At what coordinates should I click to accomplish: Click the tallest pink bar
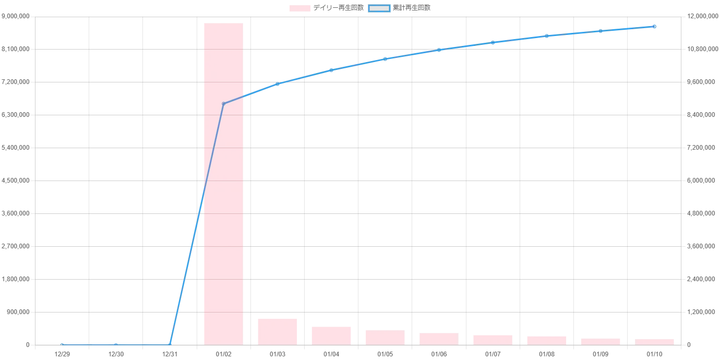[x=223, y=183]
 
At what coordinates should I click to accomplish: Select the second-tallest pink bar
[x=277, y=331]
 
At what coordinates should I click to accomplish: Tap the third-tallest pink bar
[x=331, y=335]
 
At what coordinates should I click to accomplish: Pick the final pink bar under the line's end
[x=655, y=342]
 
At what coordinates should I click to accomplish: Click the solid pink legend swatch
[x=300, y=8]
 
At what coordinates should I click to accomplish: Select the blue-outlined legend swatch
[x=379, y=8]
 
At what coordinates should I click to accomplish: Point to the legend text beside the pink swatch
[x=339, y=8]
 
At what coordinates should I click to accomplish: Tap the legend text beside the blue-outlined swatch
[x=412, y=8]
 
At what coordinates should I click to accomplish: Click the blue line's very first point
[x=62, y=344]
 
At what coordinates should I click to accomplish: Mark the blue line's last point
[x=655, y=26]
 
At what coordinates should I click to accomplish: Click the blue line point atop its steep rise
[x=223, y=103]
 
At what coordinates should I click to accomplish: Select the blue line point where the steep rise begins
[x=170, y=344]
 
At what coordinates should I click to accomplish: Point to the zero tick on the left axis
[x=28, y=345]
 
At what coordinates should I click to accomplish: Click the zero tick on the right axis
[x=689, y=345]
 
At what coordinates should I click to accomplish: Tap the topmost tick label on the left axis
[x=16, y=17]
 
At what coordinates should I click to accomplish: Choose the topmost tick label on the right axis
[x=702, y=17]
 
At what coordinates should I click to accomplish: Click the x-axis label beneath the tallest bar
[x=223, y=355]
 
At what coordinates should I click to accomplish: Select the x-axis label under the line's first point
[x=62, y=355]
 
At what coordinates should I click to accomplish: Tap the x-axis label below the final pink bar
[x=655, y=355]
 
